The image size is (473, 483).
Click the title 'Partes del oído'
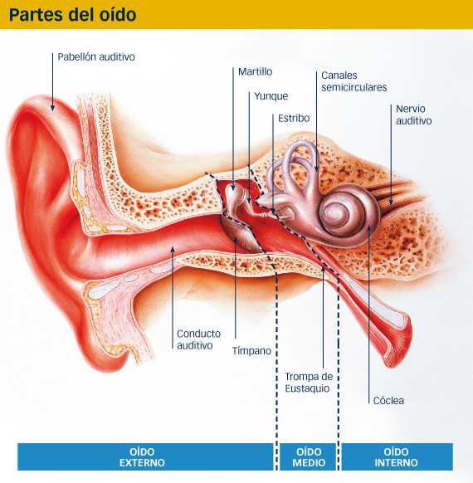(x=73, y=14)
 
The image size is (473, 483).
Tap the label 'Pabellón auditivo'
(x=96, y=57)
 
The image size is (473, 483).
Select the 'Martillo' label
(x=256, y=71)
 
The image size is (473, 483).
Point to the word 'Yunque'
(x=271, y=96)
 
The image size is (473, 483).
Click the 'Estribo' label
(x=294, y=118)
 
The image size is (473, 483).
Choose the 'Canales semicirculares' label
(x=354, y=81)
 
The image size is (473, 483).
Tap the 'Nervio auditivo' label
(x=414, y=115)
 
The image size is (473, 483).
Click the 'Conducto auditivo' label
(x=198, y=339)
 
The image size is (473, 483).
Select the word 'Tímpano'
(x=251, y=350)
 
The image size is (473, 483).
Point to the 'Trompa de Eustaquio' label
(x=309, y=383)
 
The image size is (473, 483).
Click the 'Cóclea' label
(x=388, y=401)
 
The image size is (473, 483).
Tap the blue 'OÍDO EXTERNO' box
(x=145, y=456)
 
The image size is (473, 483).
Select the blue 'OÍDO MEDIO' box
(x=308, y=456)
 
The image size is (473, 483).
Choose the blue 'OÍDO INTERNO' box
(x=397, y=456)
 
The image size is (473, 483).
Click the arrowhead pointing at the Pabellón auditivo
(x=52, y=108)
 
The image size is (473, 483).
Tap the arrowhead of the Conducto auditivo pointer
(x=173, y=250)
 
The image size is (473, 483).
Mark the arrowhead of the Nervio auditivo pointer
(x=391, y=202)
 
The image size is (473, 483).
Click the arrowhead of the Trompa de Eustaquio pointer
(x=324, y=270)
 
